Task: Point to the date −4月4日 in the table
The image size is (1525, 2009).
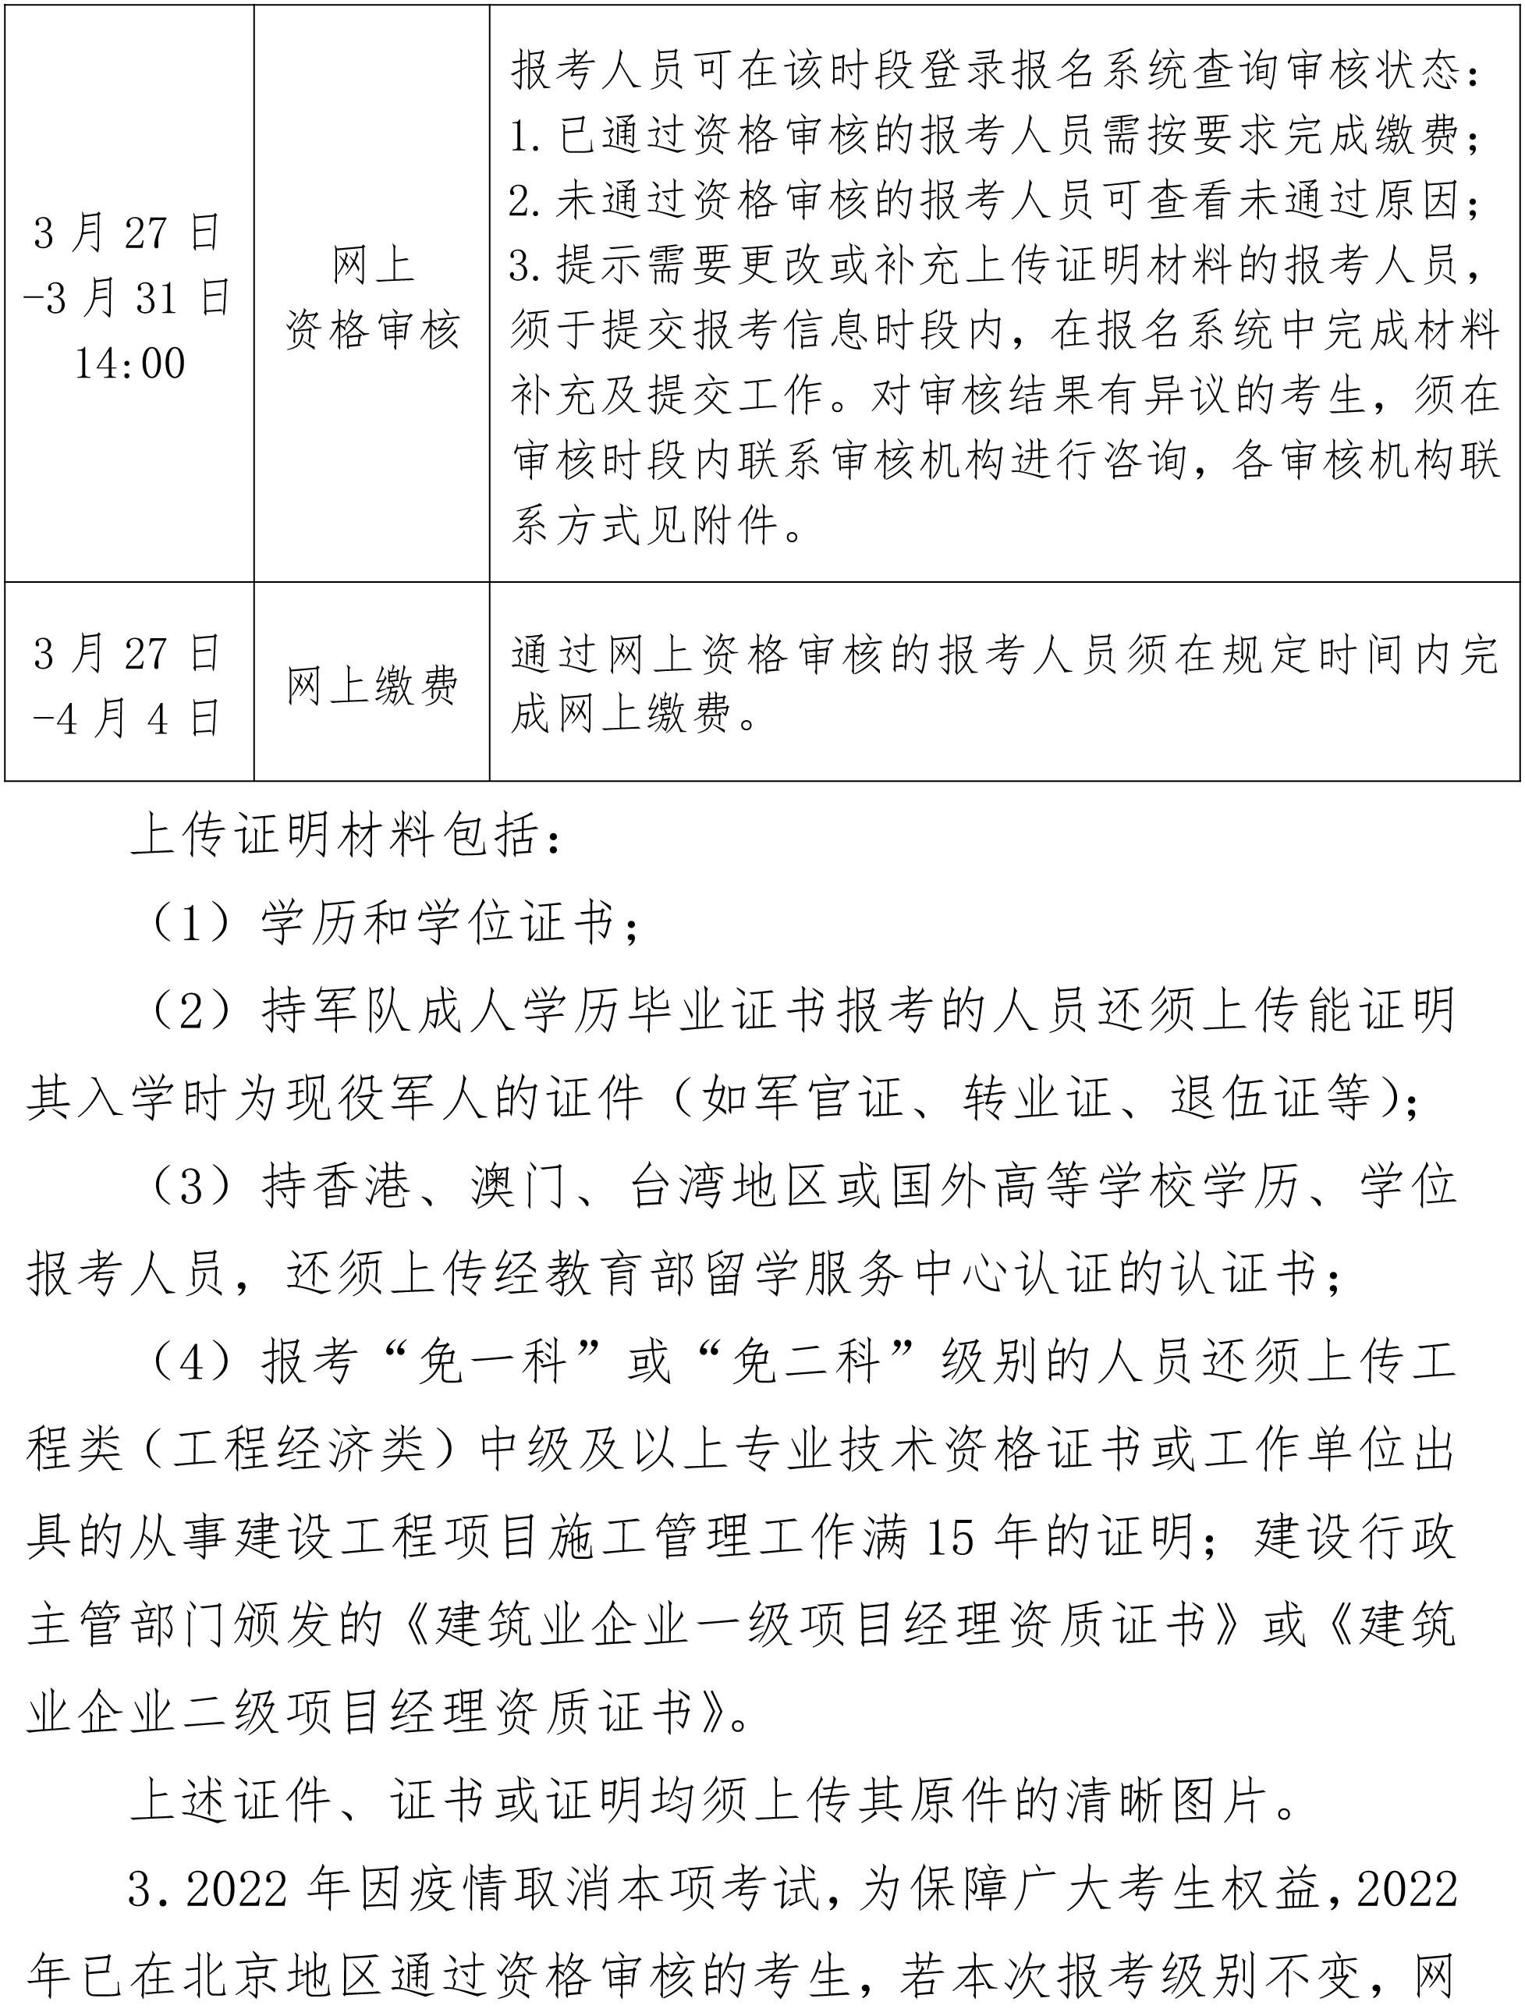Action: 127,719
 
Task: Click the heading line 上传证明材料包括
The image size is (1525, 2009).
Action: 345,836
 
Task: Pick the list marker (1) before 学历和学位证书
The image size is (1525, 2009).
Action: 191,924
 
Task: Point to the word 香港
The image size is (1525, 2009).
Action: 361,1186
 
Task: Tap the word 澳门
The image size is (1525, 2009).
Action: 518,1186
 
